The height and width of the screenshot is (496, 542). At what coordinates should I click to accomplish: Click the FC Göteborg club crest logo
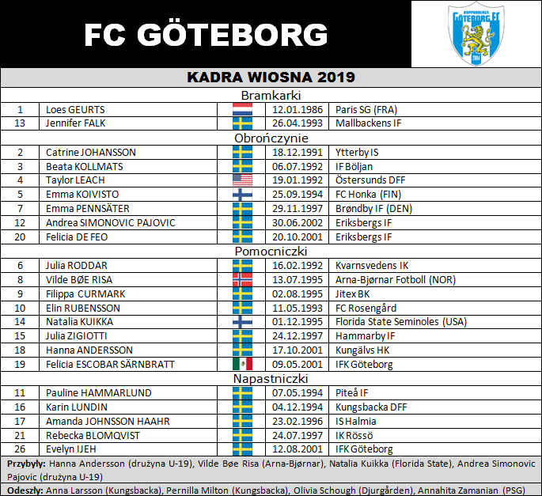(x=476, y=34)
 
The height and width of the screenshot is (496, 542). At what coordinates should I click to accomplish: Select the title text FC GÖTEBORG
(x=206, y=34)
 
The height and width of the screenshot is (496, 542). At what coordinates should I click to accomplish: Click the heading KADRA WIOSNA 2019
(x=271, y=78)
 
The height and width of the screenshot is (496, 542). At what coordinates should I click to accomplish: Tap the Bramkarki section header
(x=271, y=95)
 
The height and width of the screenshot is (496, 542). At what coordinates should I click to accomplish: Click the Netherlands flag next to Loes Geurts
(x=242, y=109)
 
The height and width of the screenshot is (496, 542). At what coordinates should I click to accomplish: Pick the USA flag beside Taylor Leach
(x=242, y=180)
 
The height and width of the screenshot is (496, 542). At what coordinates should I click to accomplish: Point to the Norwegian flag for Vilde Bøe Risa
(x=242, y=279)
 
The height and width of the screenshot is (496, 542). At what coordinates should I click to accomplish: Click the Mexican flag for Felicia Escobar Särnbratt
(x=242, y=364)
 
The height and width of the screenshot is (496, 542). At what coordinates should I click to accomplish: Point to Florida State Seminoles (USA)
(x=400, y=322)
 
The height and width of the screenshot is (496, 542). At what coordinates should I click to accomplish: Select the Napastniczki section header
(x=271, y=379)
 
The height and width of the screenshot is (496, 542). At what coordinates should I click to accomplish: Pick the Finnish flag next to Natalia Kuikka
(x=242, y=322)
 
